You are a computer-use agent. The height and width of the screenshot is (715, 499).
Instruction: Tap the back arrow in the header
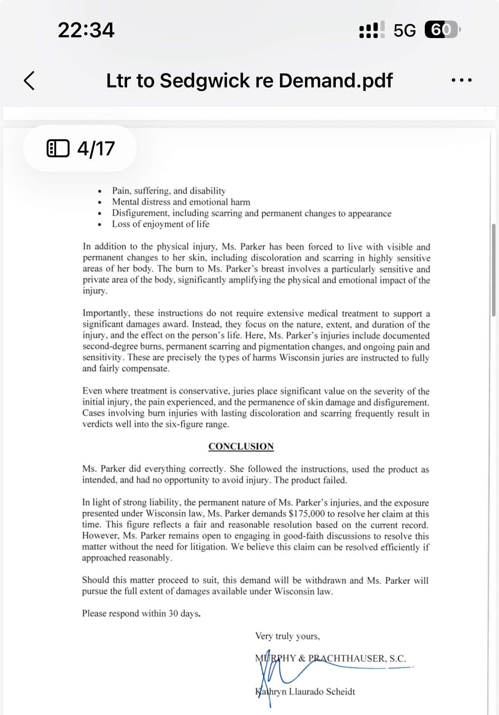pyautogui.click(x=30, y=81)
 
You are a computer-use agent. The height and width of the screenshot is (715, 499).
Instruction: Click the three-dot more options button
pyautogui.click(x=461, y=80)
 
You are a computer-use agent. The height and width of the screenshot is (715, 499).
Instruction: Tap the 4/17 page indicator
pyautogui.click(x=80, y=148)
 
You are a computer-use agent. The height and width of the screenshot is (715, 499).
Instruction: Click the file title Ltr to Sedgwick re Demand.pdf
pyautogui.click(x=249, y=81)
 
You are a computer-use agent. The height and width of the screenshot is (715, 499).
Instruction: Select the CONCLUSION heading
pyautogui.click(x=241, y=446)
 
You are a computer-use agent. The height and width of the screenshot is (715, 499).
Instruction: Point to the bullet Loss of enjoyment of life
pyautogui.click(x=161, y=224)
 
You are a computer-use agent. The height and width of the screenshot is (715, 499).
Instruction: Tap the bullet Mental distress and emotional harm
pyautogui.click(x=181, y=202)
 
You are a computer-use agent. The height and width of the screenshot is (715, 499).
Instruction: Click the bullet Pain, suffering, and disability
pyautogui.click(x=169, y=191)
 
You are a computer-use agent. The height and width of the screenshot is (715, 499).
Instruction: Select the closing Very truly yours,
pyautogui.click(x=287, y=636)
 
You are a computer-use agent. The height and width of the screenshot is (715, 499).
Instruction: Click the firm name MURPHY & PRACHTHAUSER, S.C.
pyautogui.click(x=330, y=658)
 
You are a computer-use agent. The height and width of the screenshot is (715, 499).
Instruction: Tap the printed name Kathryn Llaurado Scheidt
pyautogui.click(x=305, y=692)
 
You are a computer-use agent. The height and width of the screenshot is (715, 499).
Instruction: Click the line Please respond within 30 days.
pyautogui.click(x=141, y=614)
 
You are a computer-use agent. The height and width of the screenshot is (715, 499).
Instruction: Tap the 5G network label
pyautogui.click(x=405, y=30)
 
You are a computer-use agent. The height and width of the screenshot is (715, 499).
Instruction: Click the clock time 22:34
pyautogui.click(x=86, y=30)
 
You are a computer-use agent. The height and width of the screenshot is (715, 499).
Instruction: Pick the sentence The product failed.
pyautogui.click(x=310, y=480)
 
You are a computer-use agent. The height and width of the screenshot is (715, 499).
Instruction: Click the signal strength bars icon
pyautogui.click(x=372, y=30)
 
